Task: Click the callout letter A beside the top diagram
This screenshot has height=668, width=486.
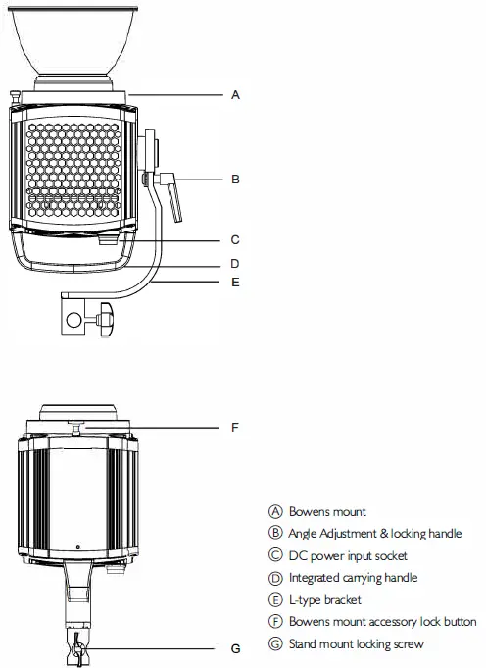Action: (235, 95)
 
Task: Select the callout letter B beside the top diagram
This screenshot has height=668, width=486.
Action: (235, 180)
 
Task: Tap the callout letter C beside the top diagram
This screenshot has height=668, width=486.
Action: (235, 239)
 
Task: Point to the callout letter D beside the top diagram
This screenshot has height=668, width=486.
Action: (235, 263)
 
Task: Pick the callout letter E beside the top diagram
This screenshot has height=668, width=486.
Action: (235, 282)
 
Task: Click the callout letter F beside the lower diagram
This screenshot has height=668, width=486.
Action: (235, 428)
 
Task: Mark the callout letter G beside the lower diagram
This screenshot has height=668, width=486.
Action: (235, 647)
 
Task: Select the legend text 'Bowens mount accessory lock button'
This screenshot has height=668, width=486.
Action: (383, 622)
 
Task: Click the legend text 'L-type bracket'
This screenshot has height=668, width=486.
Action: (325, 599)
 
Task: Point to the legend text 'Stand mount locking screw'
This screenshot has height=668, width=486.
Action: (357, 643)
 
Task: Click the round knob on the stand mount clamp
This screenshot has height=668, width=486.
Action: (105, 317)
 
